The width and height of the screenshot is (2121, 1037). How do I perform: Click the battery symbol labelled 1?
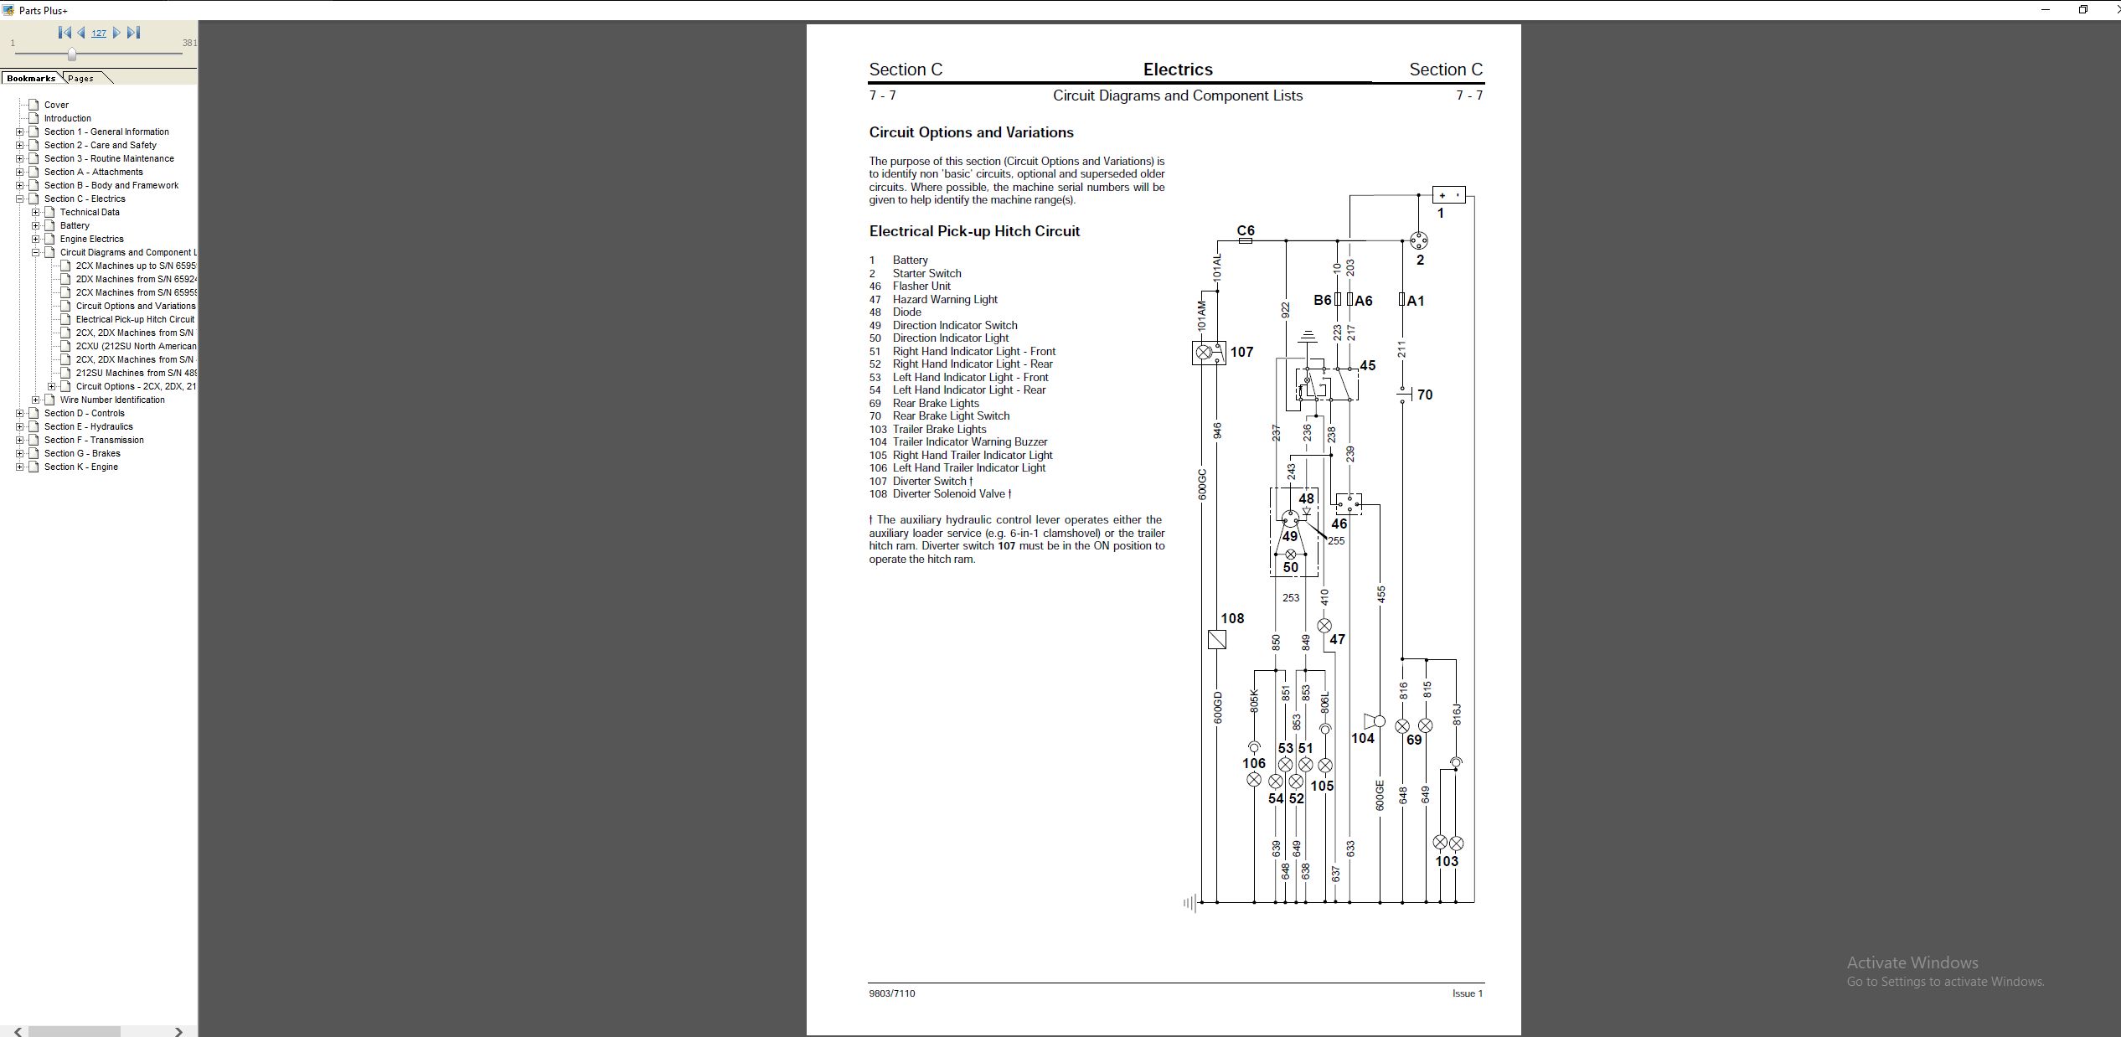[1448, 195]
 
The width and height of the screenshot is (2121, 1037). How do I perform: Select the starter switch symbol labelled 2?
[1418, 241]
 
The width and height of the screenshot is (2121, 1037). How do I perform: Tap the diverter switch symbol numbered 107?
[1208, 353]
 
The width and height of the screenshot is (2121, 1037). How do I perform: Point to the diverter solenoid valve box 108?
[1217, 640]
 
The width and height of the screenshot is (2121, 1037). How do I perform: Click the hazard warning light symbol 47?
[1324, 626]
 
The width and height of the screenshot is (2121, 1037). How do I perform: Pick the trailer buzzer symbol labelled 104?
[1374, 721]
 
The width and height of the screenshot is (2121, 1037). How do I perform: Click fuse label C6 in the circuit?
[1246, 230]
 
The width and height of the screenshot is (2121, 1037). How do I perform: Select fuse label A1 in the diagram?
[1416, 301]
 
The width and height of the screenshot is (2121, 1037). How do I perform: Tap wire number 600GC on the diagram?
[1202, 484]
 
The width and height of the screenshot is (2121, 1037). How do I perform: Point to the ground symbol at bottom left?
[1190, 903]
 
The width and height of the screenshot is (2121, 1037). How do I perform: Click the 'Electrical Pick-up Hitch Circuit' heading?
[974, 231]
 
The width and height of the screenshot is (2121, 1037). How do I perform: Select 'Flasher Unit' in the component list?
[921, 286]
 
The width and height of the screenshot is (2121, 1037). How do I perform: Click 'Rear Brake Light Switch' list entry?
[951, 416]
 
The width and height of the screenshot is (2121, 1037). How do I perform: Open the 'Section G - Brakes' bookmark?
[82, 453]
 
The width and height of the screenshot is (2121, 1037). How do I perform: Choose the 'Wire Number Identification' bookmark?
[112, 400]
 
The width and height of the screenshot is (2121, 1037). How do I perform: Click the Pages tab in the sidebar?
[81, 78]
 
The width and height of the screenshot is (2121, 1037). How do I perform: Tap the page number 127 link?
[99, 34]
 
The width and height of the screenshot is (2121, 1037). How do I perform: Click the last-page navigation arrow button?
[134, 33]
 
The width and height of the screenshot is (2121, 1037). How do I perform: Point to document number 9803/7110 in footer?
[892, 993]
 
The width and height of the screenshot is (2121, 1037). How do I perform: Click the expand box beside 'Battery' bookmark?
[36, 225]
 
